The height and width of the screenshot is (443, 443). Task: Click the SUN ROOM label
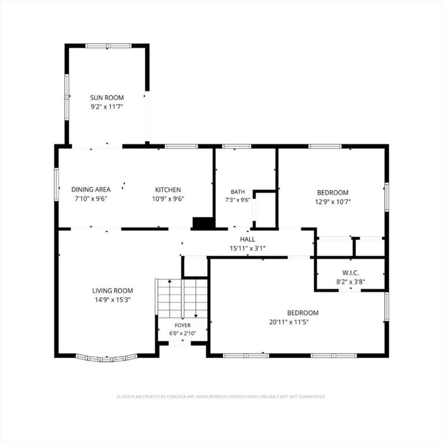click(x=107, y=98)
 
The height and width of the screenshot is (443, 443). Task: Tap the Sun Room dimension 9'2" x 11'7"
click(x=107, y=107)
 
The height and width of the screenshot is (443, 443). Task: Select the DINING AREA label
click(x=91, y=189)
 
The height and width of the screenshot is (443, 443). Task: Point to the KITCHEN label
click(x=168, y=190)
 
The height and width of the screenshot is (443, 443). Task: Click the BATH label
click(x=238, y=192)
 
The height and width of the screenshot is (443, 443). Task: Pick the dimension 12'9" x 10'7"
click(x=333, y=202)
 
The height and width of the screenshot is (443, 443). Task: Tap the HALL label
click(x=247, y=239)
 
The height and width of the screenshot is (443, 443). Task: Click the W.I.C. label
click(x=350, y=273)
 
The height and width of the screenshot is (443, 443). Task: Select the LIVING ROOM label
click(x=112, y=291)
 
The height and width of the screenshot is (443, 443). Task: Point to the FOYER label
click(x=183, y=325)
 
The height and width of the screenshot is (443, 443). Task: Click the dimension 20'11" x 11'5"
click(x=289, y=322)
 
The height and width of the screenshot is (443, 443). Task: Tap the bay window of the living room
click(x=106, y=358)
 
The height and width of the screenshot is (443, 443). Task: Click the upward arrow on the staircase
click(x=170, y=298)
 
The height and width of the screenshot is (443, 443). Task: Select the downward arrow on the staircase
click(x=196, y=298)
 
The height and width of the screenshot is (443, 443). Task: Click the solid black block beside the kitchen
click(x=202, y=223)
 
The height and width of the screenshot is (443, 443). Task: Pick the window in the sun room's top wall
click(x=109, y=46)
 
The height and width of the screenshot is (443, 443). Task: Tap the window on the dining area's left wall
click(x=57, y=184)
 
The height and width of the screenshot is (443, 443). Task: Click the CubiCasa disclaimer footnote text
click(x=221, y=397)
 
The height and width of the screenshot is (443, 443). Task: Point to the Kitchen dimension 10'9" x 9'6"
click(x=168, y=199)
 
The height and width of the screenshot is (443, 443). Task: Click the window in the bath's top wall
click(x=237, y=146)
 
